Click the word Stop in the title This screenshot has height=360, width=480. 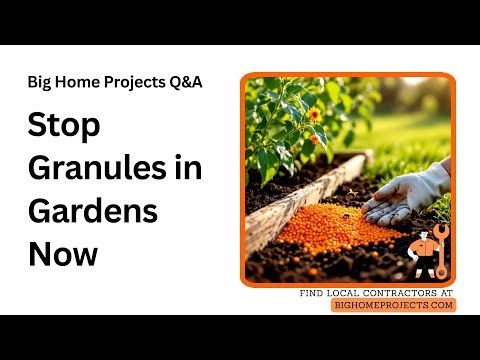point(63,127)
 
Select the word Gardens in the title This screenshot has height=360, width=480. point(93,211)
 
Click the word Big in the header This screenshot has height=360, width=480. point(41,82)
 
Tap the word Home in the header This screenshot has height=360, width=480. point(77,82)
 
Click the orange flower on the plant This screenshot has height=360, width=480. point(314,114)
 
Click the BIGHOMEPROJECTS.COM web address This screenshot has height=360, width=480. point(393,305)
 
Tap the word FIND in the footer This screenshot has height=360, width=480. point(312,293)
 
